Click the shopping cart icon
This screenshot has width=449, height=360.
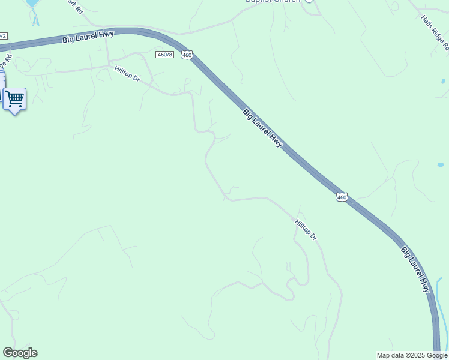pos(14,98)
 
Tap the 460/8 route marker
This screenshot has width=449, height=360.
pos(164,55)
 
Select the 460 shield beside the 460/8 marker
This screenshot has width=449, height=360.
pos(187,55)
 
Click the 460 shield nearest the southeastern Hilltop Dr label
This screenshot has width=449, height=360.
pos(342,197)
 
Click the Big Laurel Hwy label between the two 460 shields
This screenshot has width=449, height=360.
pos(262,128)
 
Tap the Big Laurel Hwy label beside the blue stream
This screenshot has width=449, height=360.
pos(416,269)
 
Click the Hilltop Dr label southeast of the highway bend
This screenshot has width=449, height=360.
pos(306,230)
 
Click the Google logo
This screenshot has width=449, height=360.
pos(20,353)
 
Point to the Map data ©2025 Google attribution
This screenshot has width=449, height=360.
pos(412,355)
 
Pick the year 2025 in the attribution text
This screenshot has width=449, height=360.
pos(414,355)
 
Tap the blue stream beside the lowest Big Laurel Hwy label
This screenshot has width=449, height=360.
pos(444,312)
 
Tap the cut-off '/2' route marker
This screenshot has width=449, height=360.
pos(4,36)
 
